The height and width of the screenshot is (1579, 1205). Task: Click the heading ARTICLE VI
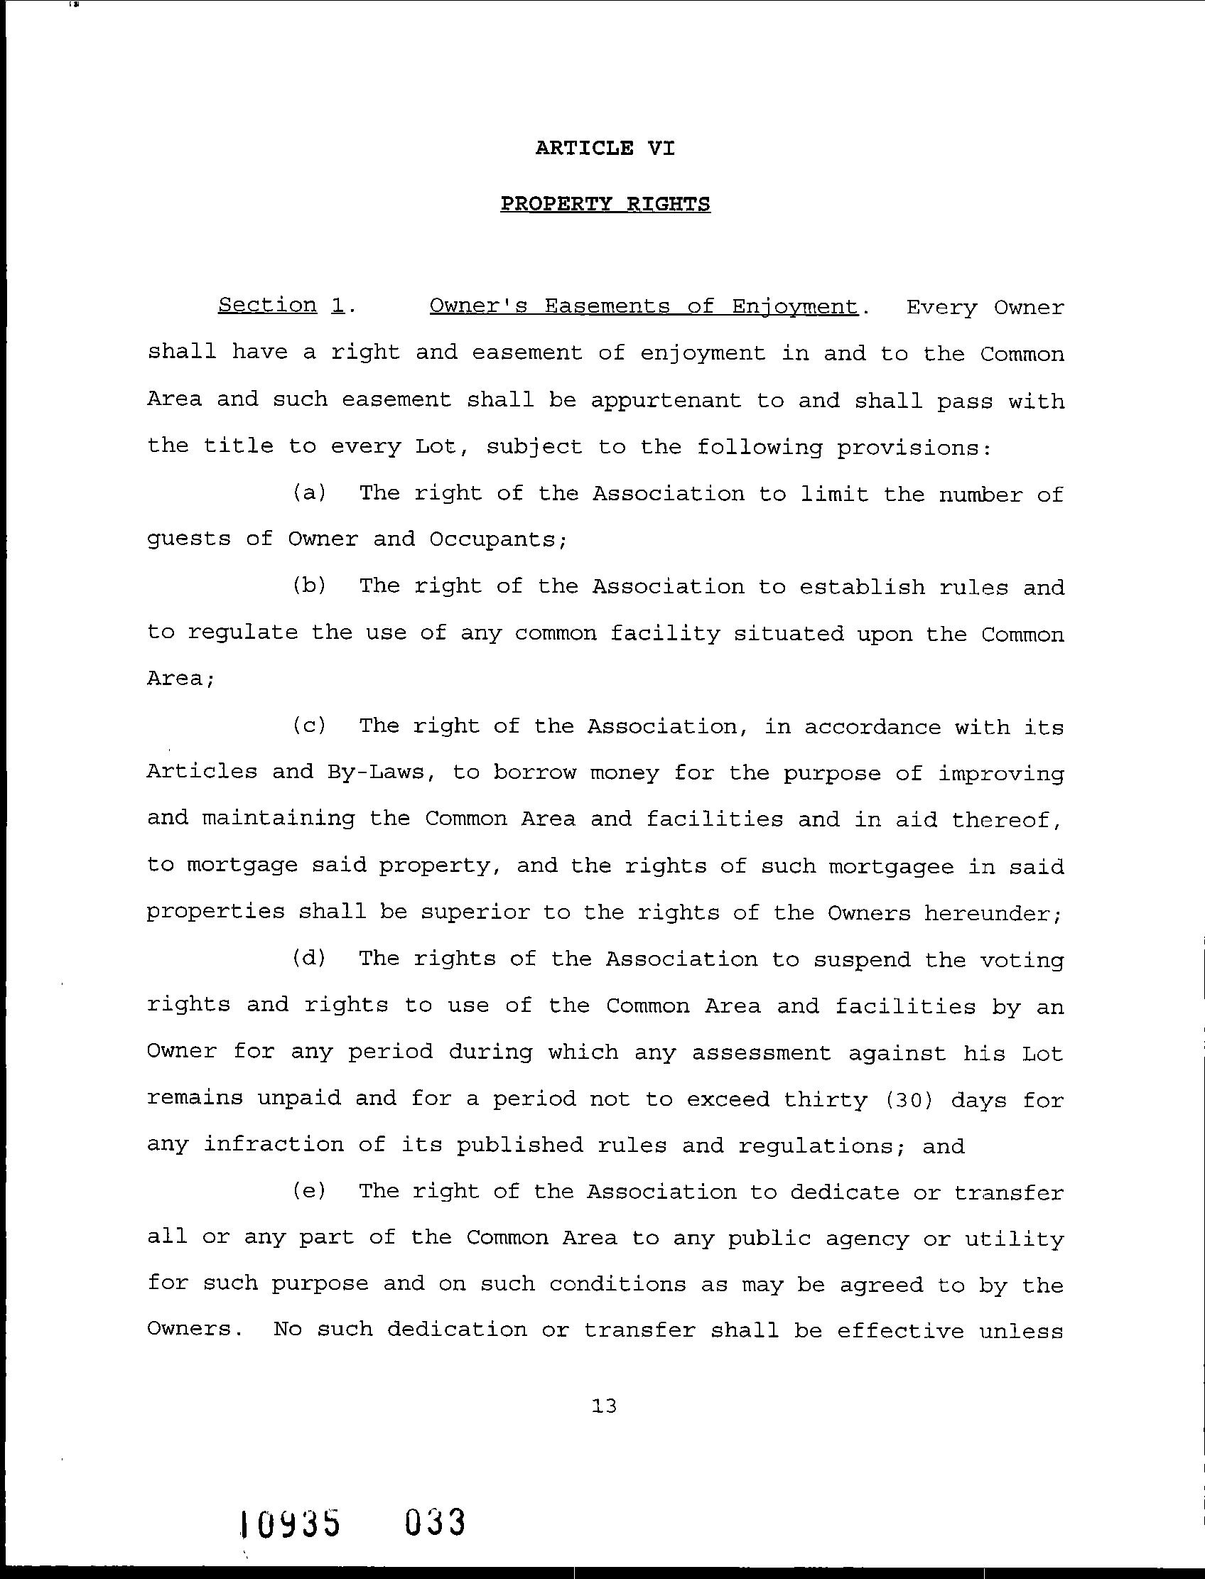(x=605, y=149)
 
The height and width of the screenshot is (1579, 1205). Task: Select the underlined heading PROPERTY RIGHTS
(x=605, y=204)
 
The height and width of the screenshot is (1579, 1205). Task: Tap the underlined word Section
(x=267, y=305)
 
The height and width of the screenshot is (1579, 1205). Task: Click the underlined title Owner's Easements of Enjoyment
(x=643, y=306)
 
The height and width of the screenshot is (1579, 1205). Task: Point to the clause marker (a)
(x=309, y=493)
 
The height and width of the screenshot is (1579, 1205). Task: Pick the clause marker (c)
(x=309, y=726)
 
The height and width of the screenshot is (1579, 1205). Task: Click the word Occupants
(x=498, y=539)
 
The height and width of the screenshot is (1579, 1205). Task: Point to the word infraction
(x=274, y=1144)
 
